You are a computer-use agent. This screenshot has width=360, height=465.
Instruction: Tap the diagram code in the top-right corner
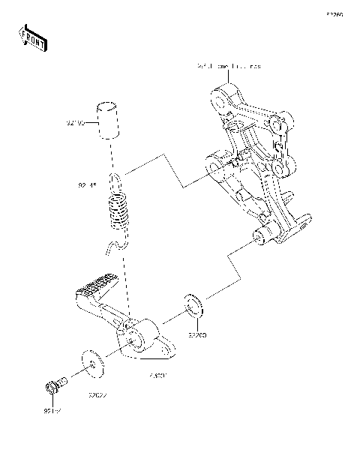(334, 14)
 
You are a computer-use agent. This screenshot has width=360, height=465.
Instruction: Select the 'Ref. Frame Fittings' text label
(229, 67)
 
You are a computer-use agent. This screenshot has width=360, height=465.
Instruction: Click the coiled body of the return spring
(118, 211)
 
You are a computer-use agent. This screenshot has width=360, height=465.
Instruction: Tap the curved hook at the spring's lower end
(114, 246)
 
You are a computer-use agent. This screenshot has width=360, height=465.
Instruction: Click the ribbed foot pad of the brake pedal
(91, 286)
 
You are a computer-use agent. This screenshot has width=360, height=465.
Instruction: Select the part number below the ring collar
(197, 337)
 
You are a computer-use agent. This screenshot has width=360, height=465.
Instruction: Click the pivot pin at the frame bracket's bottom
(262, 238)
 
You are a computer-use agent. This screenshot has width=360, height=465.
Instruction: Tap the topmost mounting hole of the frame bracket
(220, 97)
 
